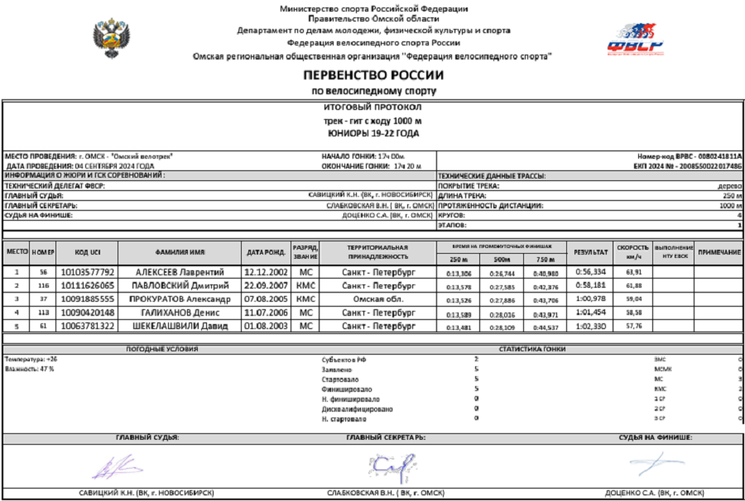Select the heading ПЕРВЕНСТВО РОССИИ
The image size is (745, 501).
(x=372, y=75)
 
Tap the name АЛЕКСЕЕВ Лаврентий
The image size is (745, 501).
(x=180, y=272)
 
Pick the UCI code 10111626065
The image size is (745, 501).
(x=88, y=285)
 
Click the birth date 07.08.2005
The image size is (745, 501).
(x=266, y=298)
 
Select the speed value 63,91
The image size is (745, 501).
(x=633, y=272)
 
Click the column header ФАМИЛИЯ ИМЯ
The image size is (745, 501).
(x=180, y=252)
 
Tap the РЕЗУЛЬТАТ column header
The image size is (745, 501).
(x=590, y=252)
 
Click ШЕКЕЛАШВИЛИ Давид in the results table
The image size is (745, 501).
(x=180, y=326)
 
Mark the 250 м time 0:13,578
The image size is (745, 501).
(x=458, y=286)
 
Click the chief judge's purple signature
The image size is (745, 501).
(x=107, y=470)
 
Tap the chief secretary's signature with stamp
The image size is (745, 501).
(x=388, y=468)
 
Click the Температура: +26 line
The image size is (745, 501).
(x=31, y=360)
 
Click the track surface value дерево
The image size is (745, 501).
(x=729, y=186)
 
